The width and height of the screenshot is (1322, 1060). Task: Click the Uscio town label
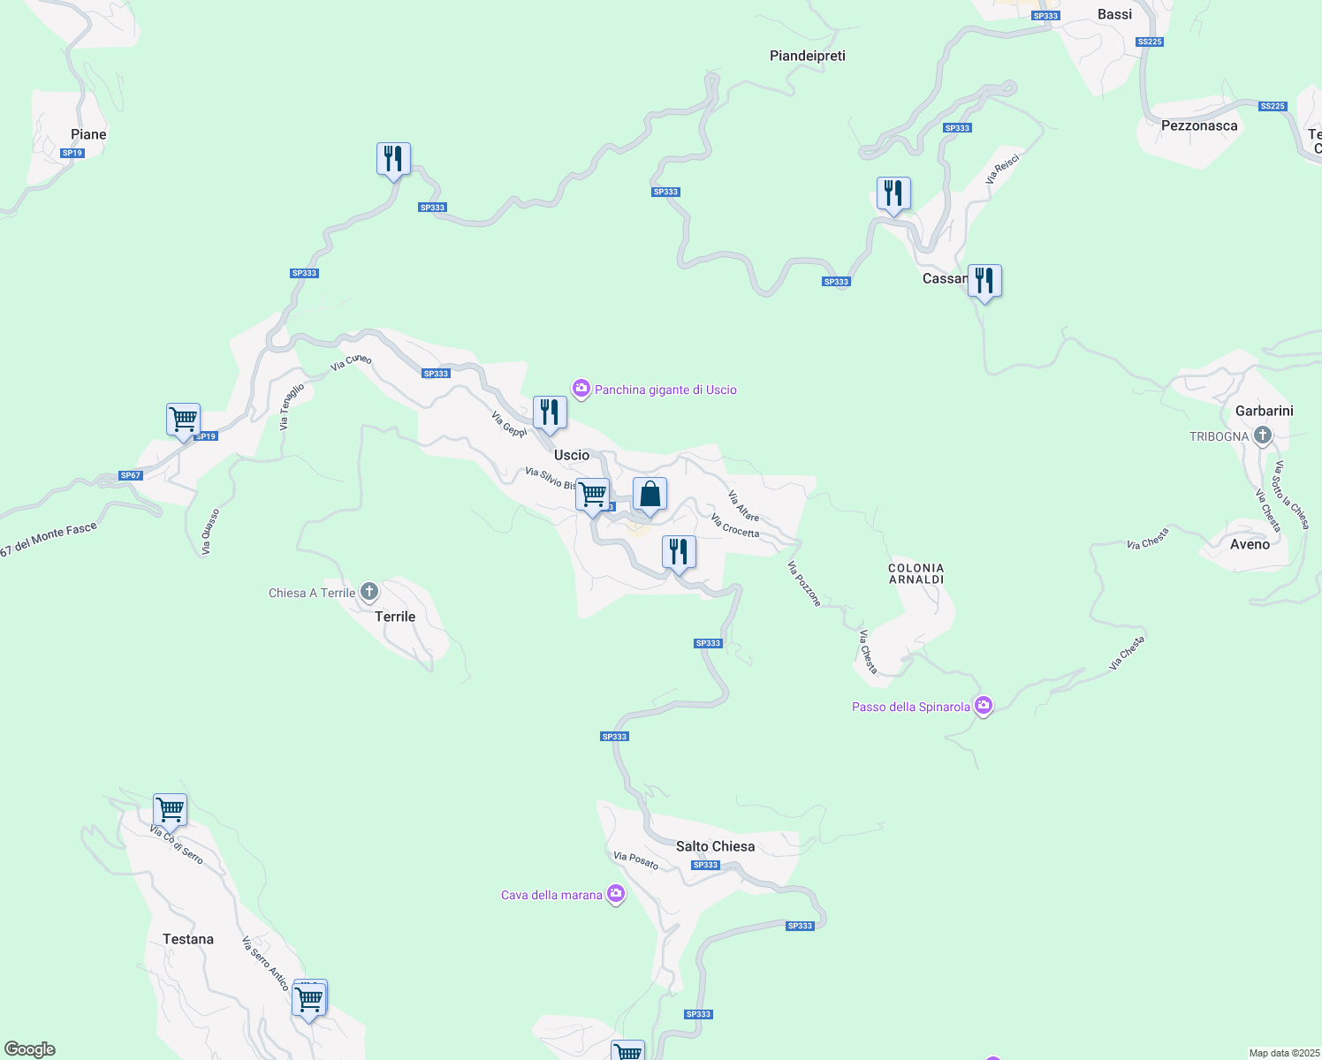click(x=571, y=455)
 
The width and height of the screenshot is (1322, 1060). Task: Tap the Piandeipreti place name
click(x=807, y=56)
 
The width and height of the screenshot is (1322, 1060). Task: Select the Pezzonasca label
click(x=1199, y=125)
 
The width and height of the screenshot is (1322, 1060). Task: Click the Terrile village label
click(x=395, y=617)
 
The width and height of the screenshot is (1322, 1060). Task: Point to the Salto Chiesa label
click(x=715, y=846)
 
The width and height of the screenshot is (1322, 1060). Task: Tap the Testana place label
click(x=188, y=939)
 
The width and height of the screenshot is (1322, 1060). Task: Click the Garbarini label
click(x=1264, y=411)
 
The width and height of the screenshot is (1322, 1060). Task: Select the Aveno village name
click(x=1250, y=544)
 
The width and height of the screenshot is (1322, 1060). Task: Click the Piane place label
click(x=88, y=134)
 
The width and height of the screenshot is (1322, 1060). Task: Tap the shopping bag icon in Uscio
click(x=650, y=496)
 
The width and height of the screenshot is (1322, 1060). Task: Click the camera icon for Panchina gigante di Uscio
click(x=581, y=389)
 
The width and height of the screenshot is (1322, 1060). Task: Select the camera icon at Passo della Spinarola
click(x=983, y=706)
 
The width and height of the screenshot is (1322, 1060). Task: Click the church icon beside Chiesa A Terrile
click(x=369, y=592)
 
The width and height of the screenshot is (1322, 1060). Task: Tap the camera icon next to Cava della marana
click(x=615, y=894)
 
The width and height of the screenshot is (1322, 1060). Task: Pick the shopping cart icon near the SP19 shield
click(x=183, y=420)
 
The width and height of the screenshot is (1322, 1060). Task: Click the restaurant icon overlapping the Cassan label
click(x=984, y=282)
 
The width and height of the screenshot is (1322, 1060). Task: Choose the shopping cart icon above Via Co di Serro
click(x=170, y=810)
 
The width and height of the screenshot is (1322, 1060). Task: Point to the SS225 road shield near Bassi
click(x=1150, y=42)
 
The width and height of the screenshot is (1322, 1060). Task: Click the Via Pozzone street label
click(x=803, y=584)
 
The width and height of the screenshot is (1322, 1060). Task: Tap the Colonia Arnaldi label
click(x=916, y=574)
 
